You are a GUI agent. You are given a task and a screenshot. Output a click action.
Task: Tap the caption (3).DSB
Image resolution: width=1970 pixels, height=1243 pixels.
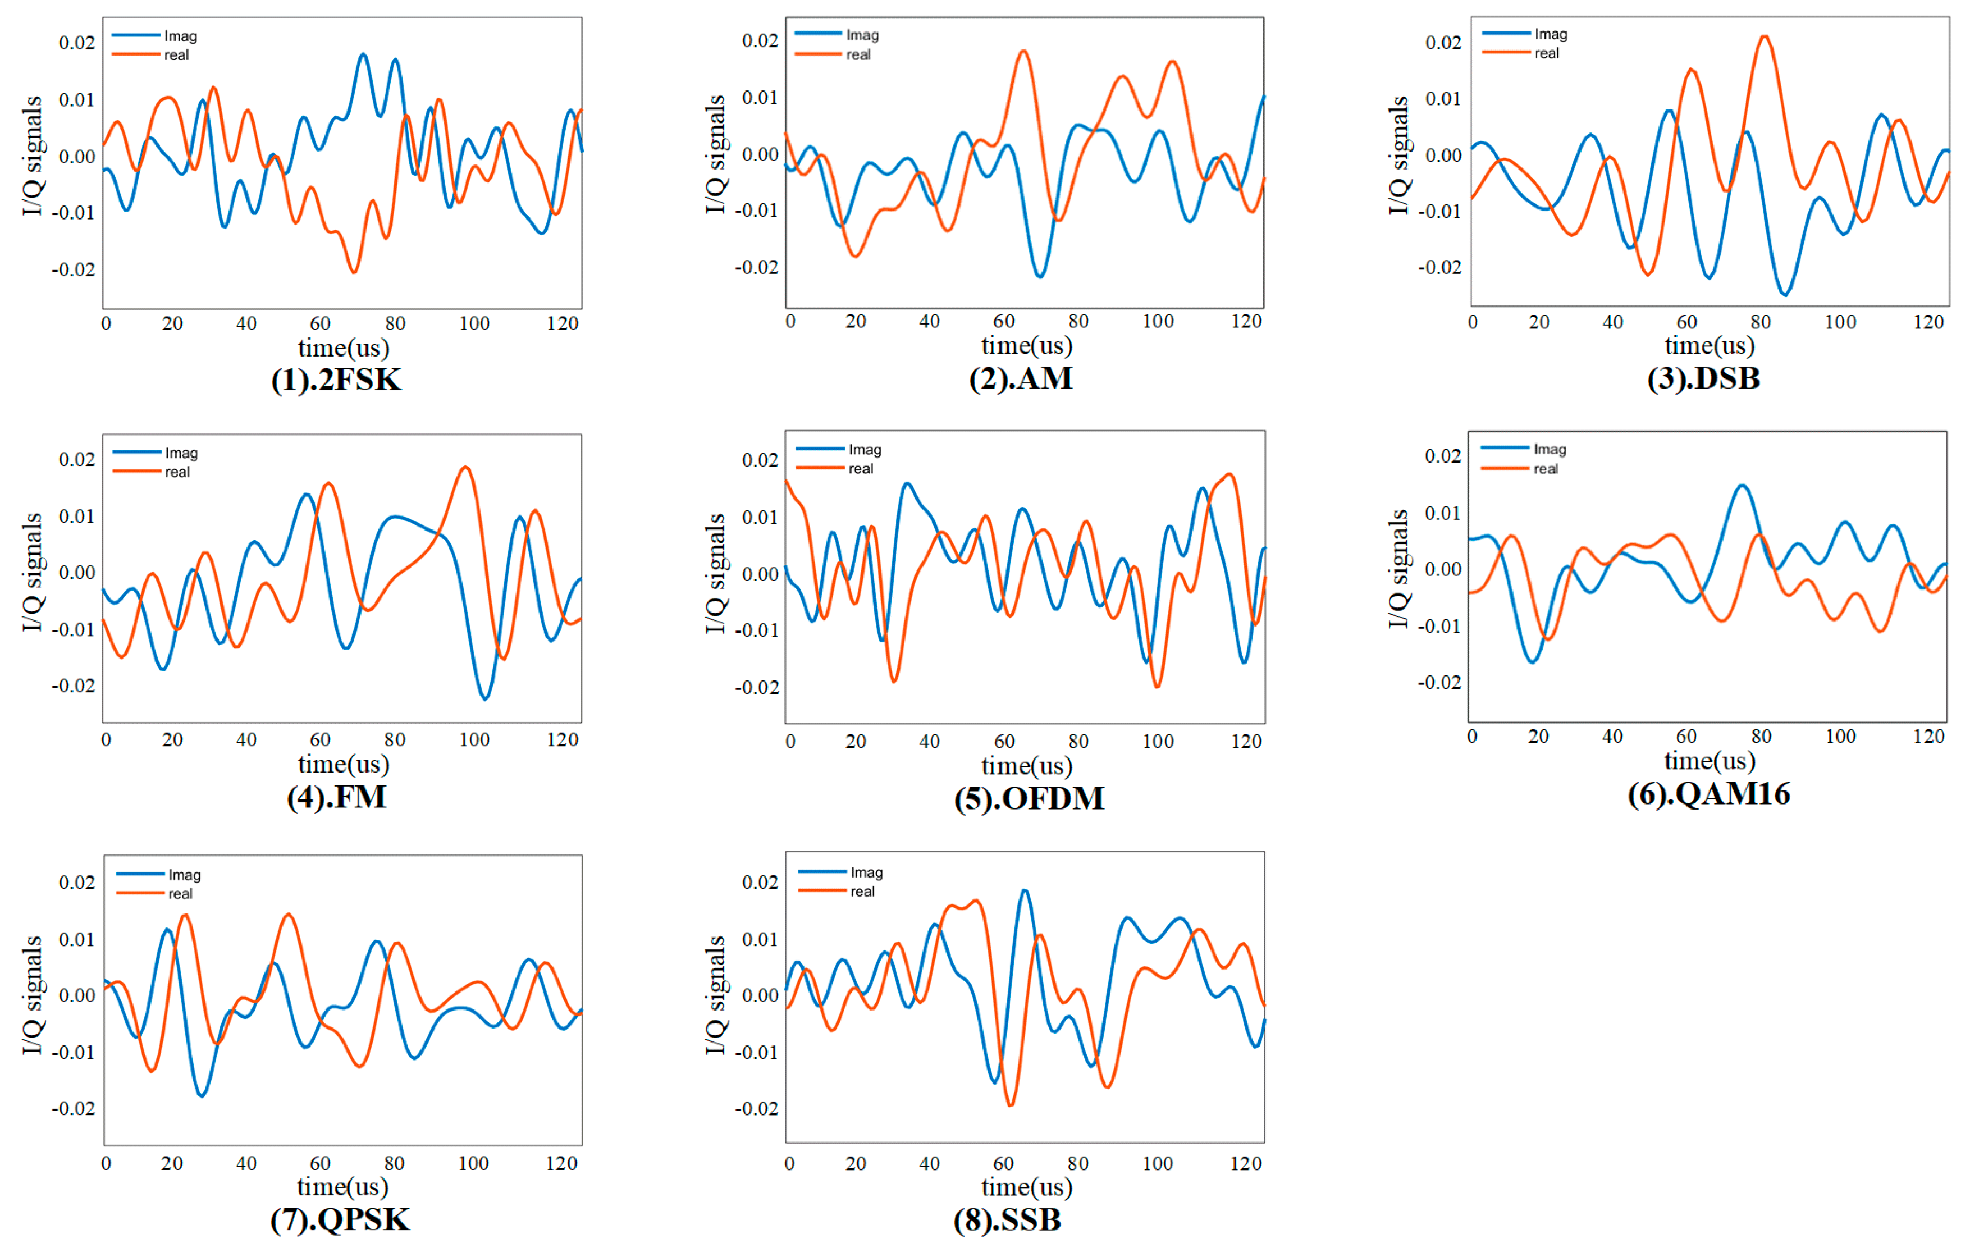tap(1703, 378)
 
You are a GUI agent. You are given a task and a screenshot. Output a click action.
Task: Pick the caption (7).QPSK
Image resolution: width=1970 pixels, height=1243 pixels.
tap(340, 1219)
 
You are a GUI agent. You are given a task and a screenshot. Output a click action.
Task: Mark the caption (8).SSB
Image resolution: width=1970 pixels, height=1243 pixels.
tap(1007, 1219)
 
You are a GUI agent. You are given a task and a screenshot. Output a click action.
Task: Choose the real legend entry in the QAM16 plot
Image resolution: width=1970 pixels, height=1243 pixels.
tap(1519, 469)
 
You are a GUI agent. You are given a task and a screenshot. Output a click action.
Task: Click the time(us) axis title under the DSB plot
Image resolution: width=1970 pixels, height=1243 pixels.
tap(1710, 345)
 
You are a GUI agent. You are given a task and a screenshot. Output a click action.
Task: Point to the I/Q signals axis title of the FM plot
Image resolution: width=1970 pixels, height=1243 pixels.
tap(32, 572)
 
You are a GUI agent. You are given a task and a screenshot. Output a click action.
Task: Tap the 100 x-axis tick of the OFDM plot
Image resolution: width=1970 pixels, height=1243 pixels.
tap(1158, 742)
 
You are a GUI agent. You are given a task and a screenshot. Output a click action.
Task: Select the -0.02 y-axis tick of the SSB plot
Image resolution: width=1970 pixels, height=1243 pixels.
tap(756, 1108)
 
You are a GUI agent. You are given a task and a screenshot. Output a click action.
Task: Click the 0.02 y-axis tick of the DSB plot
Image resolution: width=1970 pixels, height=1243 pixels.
tap(1443, 43)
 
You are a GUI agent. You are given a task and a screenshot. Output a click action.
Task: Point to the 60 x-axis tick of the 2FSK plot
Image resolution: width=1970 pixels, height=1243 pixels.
tap(320, 323)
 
